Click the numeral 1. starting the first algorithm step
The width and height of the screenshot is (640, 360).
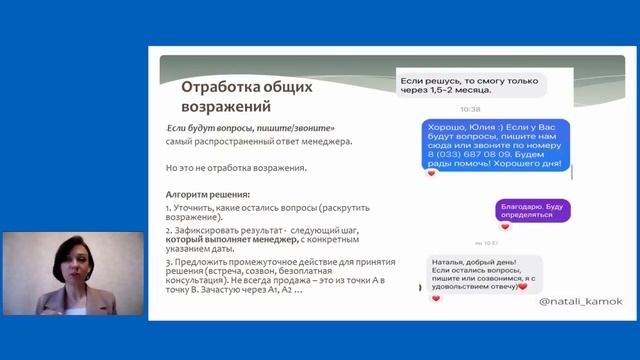(x=168, y=206)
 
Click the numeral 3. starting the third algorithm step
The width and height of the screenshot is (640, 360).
(x=168, y=262)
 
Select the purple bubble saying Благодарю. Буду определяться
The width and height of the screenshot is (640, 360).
(x=534, y=209)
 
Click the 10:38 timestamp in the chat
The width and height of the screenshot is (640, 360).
(x=471, y=109)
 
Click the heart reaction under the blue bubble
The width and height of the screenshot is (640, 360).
(x=432, y=174)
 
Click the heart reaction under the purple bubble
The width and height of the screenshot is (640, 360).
(x=504, y=226)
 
